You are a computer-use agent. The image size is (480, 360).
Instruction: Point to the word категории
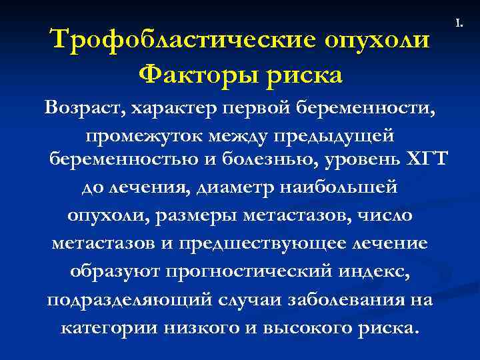click(108, 328)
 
